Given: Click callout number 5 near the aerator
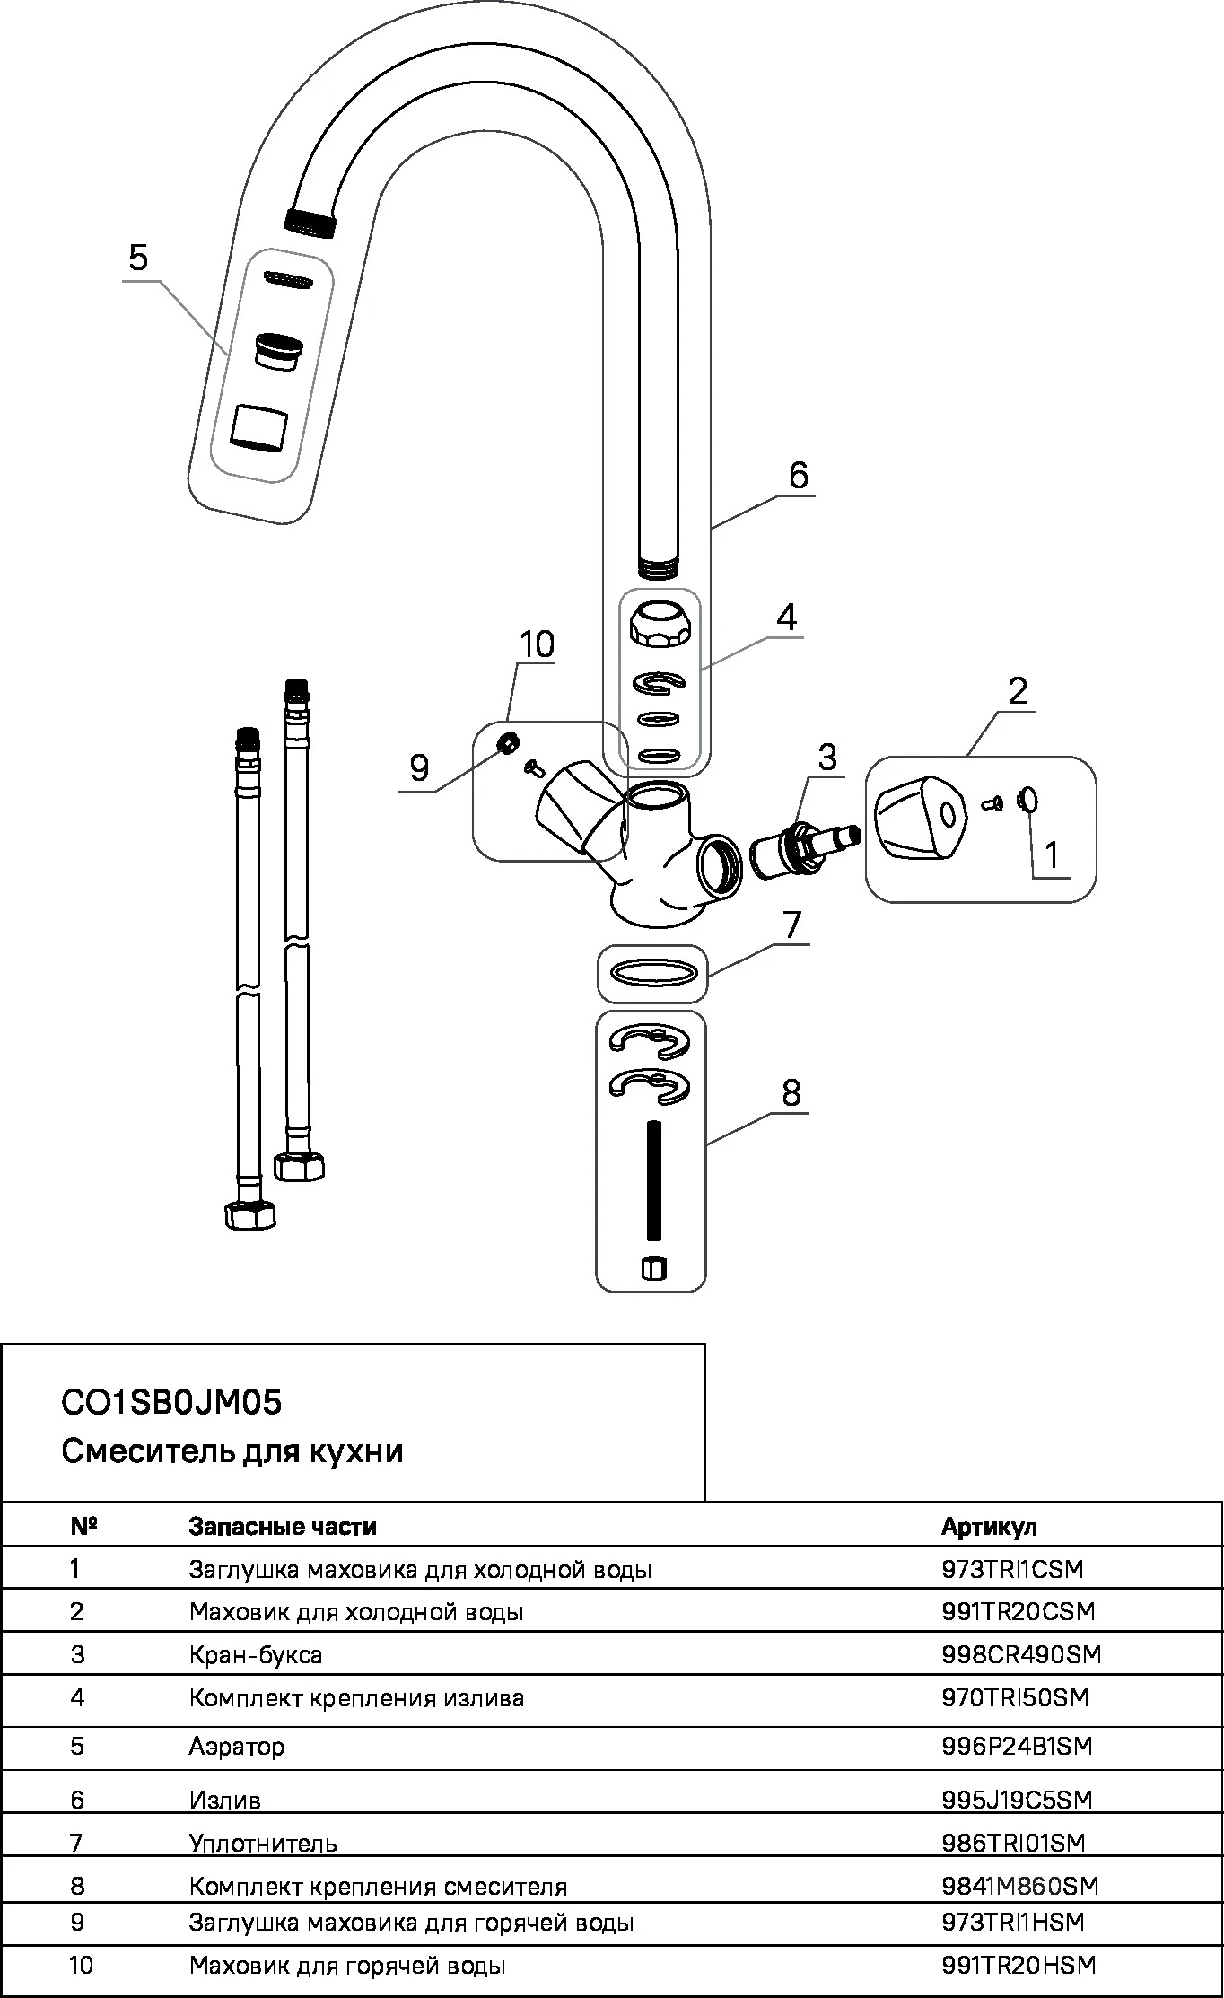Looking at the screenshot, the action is coord(138,258).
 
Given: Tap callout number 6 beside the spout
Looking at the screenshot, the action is coord(799,474).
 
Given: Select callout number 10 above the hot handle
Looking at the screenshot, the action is coord(537,644).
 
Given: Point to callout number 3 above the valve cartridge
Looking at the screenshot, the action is coord(826,757).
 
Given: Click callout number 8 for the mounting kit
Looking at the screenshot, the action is coord(791,1092).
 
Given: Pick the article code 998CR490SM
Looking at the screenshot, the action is coord(1021,1654).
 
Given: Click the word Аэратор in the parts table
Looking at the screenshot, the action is coord(237,1746).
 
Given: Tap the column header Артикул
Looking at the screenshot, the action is coord(989,1526).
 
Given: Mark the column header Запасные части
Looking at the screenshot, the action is coord(283,1526).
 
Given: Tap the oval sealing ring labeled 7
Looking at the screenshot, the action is coord(653,973).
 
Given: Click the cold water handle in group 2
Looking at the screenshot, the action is coord(919,816).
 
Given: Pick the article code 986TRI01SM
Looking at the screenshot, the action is coord(1013,1843).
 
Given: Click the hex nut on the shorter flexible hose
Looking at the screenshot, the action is coord(249,1216).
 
